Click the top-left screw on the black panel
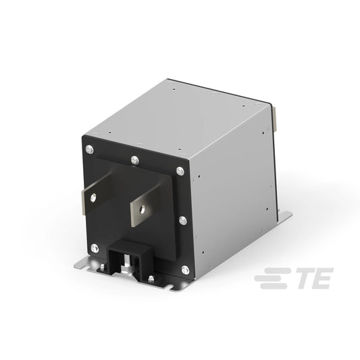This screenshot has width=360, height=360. pos(90,149)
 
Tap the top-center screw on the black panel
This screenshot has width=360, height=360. pos(135,160)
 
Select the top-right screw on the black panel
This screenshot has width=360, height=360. pos(180,171)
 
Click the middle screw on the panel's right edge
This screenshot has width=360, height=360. pos(183,221)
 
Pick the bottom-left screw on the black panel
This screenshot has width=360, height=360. pos(95,249)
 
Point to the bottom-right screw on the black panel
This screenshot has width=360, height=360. pos(185,270)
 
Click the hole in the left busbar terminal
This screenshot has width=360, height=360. pos(93,198)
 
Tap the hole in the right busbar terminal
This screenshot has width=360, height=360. pos(142,209)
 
